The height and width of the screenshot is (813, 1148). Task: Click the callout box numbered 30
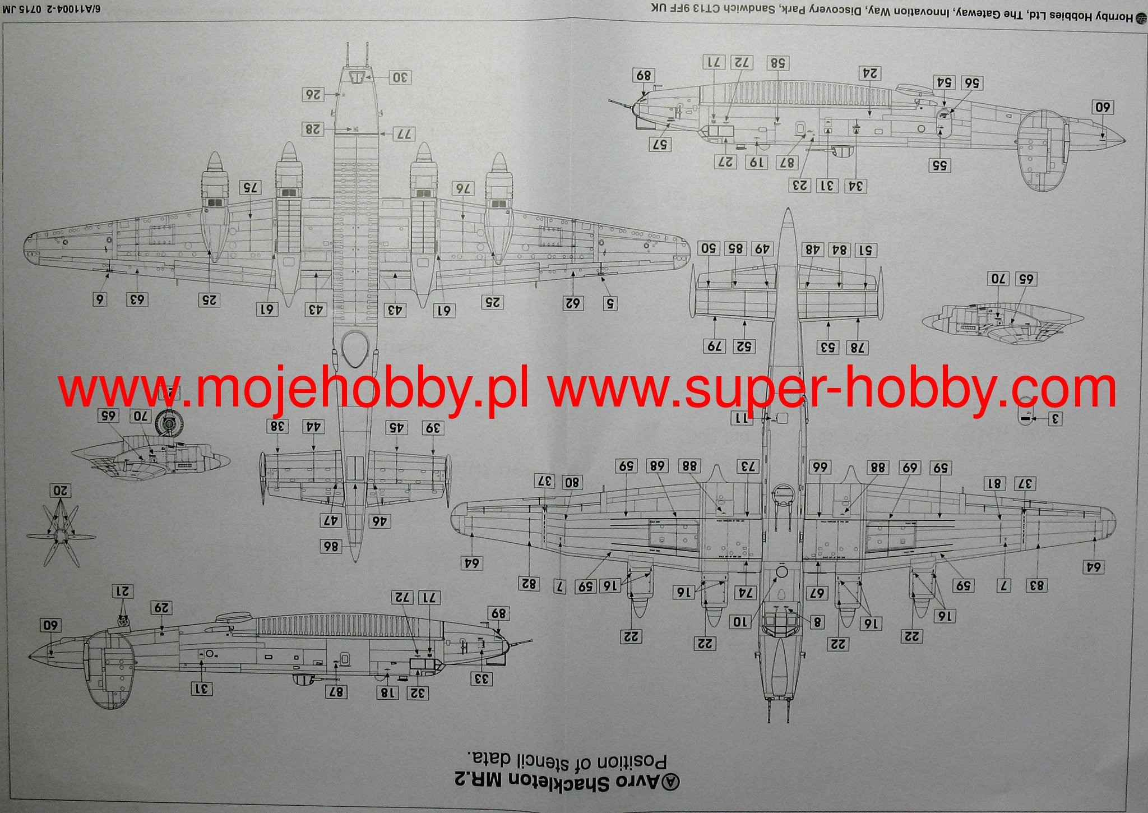[x=400, y=77]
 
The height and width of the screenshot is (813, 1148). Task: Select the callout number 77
[x=404, y=134]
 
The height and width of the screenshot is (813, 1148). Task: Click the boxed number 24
[x=870, y=73]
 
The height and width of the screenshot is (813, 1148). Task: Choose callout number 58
[x=777, y=63]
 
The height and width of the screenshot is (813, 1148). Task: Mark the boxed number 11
[x=742, y=418]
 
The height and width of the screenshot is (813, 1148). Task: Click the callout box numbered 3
[x=1054, y=419]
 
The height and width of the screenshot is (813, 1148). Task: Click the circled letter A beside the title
[x=671, y=782]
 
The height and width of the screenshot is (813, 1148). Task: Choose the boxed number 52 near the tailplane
[x=743, y=347]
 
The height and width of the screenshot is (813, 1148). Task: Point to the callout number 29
[x=161, y=608]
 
